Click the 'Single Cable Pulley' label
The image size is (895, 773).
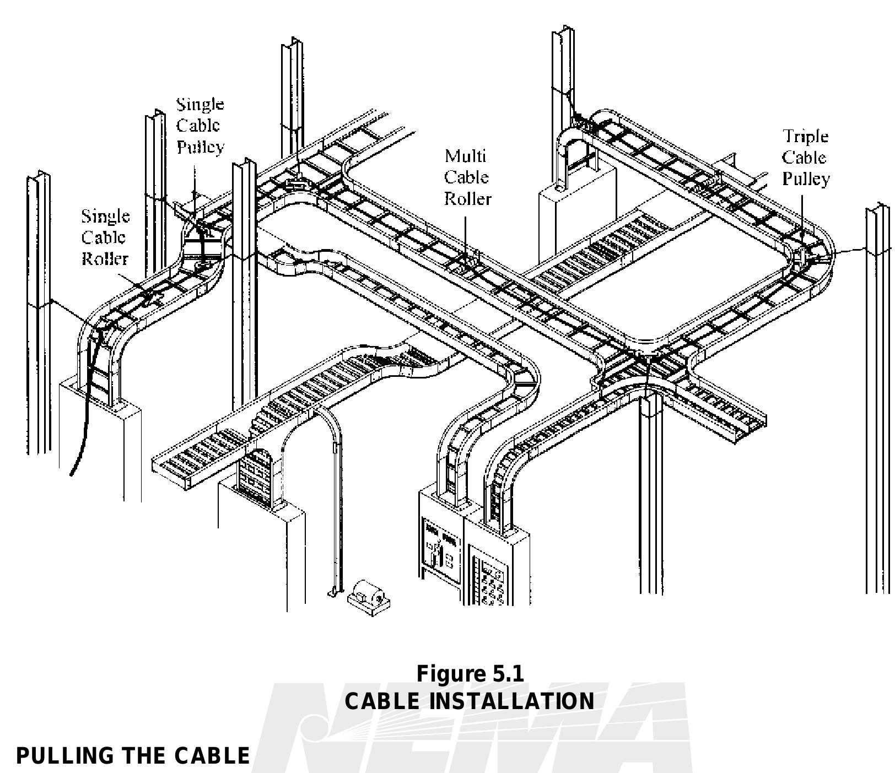point(200,126)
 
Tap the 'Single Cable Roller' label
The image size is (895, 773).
point(105,237)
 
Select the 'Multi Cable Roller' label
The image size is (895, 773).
point(467,177)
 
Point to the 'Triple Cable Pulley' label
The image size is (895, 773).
point(806,158)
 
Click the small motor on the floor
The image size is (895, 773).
point(369,597)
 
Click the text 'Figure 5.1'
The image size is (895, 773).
point(470,673)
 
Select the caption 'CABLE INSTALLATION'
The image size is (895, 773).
point(470,701)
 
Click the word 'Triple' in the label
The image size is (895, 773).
point(806,136)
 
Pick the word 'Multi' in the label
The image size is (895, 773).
point(466,156)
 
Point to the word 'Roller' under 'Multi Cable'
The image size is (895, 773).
point(467,198)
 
